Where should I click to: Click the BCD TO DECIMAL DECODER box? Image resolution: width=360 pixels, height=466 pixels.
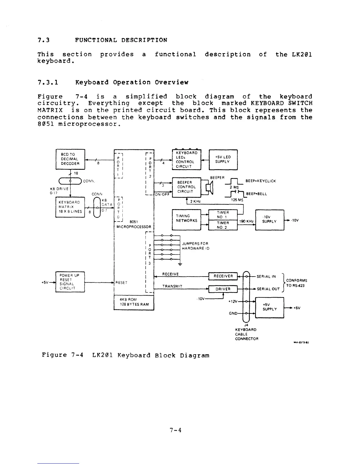[70, 159]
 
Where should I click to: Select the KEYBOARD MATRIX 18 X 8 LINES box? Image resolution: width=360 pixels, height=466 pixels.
[70, 207]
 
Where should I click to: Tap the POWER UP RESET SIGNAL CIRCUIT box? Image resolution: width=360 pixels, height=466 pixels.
[70, 282]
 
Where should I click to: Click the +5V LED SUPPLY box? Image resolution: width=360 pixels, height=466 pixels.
[223, 159]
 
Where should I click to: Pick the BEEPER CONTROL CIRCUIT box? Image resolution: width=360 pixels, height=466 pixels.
[186, 187]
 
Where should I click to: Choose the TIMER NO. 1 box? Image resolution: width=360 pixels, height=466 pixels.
[223, 214]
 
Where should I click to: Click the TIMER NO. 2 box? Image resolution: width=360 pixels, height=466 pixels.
[223, 225]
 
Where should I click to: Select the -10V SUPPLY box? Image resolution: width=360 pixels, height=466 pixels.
[270, 219]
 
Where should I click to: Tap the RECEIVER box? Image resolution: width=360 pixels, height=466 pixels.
[223, 276]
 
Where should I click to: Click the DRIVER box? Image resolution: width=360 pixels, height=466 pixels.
[223, 289]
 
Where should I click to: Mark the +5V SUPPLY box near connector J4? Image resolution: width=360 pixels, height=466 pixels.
[270, 307]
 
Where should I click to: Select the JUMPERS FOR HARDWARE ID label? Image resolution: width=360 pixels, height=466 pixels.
[195, 246]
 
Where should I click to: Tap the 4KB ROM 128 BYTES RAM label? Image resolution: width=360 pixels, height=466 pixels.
[134, 302]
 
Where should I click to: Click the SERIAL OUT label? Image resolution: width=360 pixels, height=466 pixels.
[268, 289]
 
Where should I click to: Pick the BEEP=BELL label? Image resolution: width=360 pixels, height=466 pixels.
[256, 194]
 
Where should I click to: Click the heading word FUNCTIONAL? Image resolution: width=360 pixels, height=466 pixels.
[96, 40]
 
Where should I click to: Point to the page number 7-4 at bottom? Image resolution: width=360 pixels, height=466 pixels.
[176, 430]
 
